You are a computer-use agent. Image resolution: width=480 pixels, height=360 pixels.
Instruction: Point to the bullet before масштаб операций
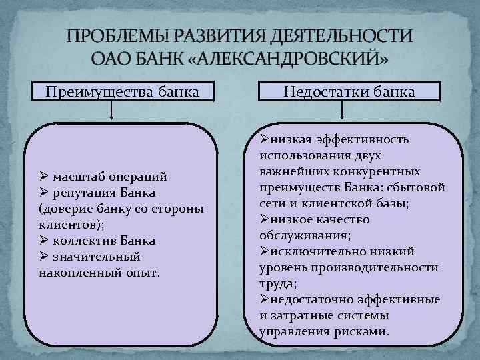coord(43,177)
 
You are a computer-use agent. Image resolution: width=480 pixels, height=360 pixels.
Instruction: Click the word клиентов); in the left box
coord(67,225)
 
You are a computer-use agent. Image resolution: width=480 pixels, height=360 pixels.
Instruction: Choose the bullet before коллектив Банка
coord(43,241)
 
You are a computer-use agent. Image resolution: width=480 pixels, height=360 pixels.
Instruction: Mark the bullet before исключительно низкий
coord(263,252)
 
